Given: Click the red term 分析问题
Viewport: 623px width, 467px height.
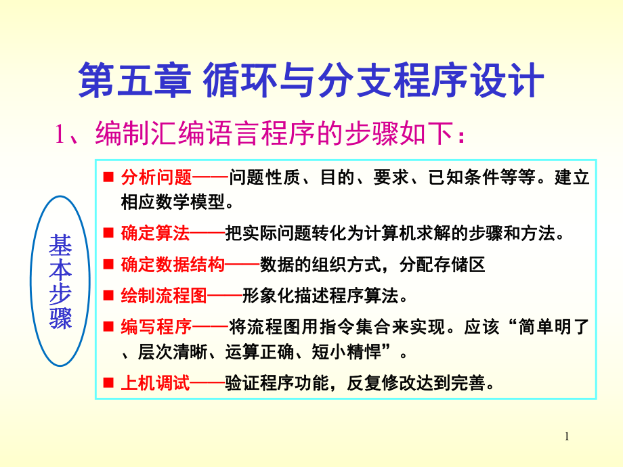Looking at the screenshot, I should point(156,179).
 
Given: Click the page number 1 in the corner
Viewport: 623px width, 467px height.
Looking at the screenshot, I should point(567,439).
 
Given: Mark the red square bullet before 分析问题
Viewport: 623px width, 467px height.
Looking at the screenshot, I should point(108,179).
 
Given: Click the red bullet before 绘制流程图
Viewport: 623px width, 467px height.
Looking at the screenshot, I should point(108,296).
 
